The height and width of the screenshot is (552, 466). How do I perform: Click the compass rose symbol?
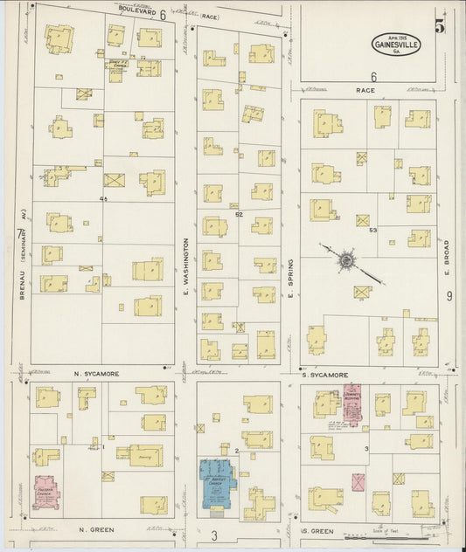click(x=346, y=259)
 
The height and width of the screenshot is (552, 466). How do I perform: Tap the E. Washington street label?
click(x=185, y=264)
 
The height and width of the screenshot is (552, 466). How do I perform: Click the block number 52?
click(x=238, y=213)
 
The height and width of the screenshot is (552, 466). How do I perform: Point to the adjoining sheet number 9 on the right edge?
click(x=449, y=297)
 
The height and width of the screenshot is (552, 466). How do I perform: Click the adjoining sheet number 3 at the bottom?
click(x=212, y=533)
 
